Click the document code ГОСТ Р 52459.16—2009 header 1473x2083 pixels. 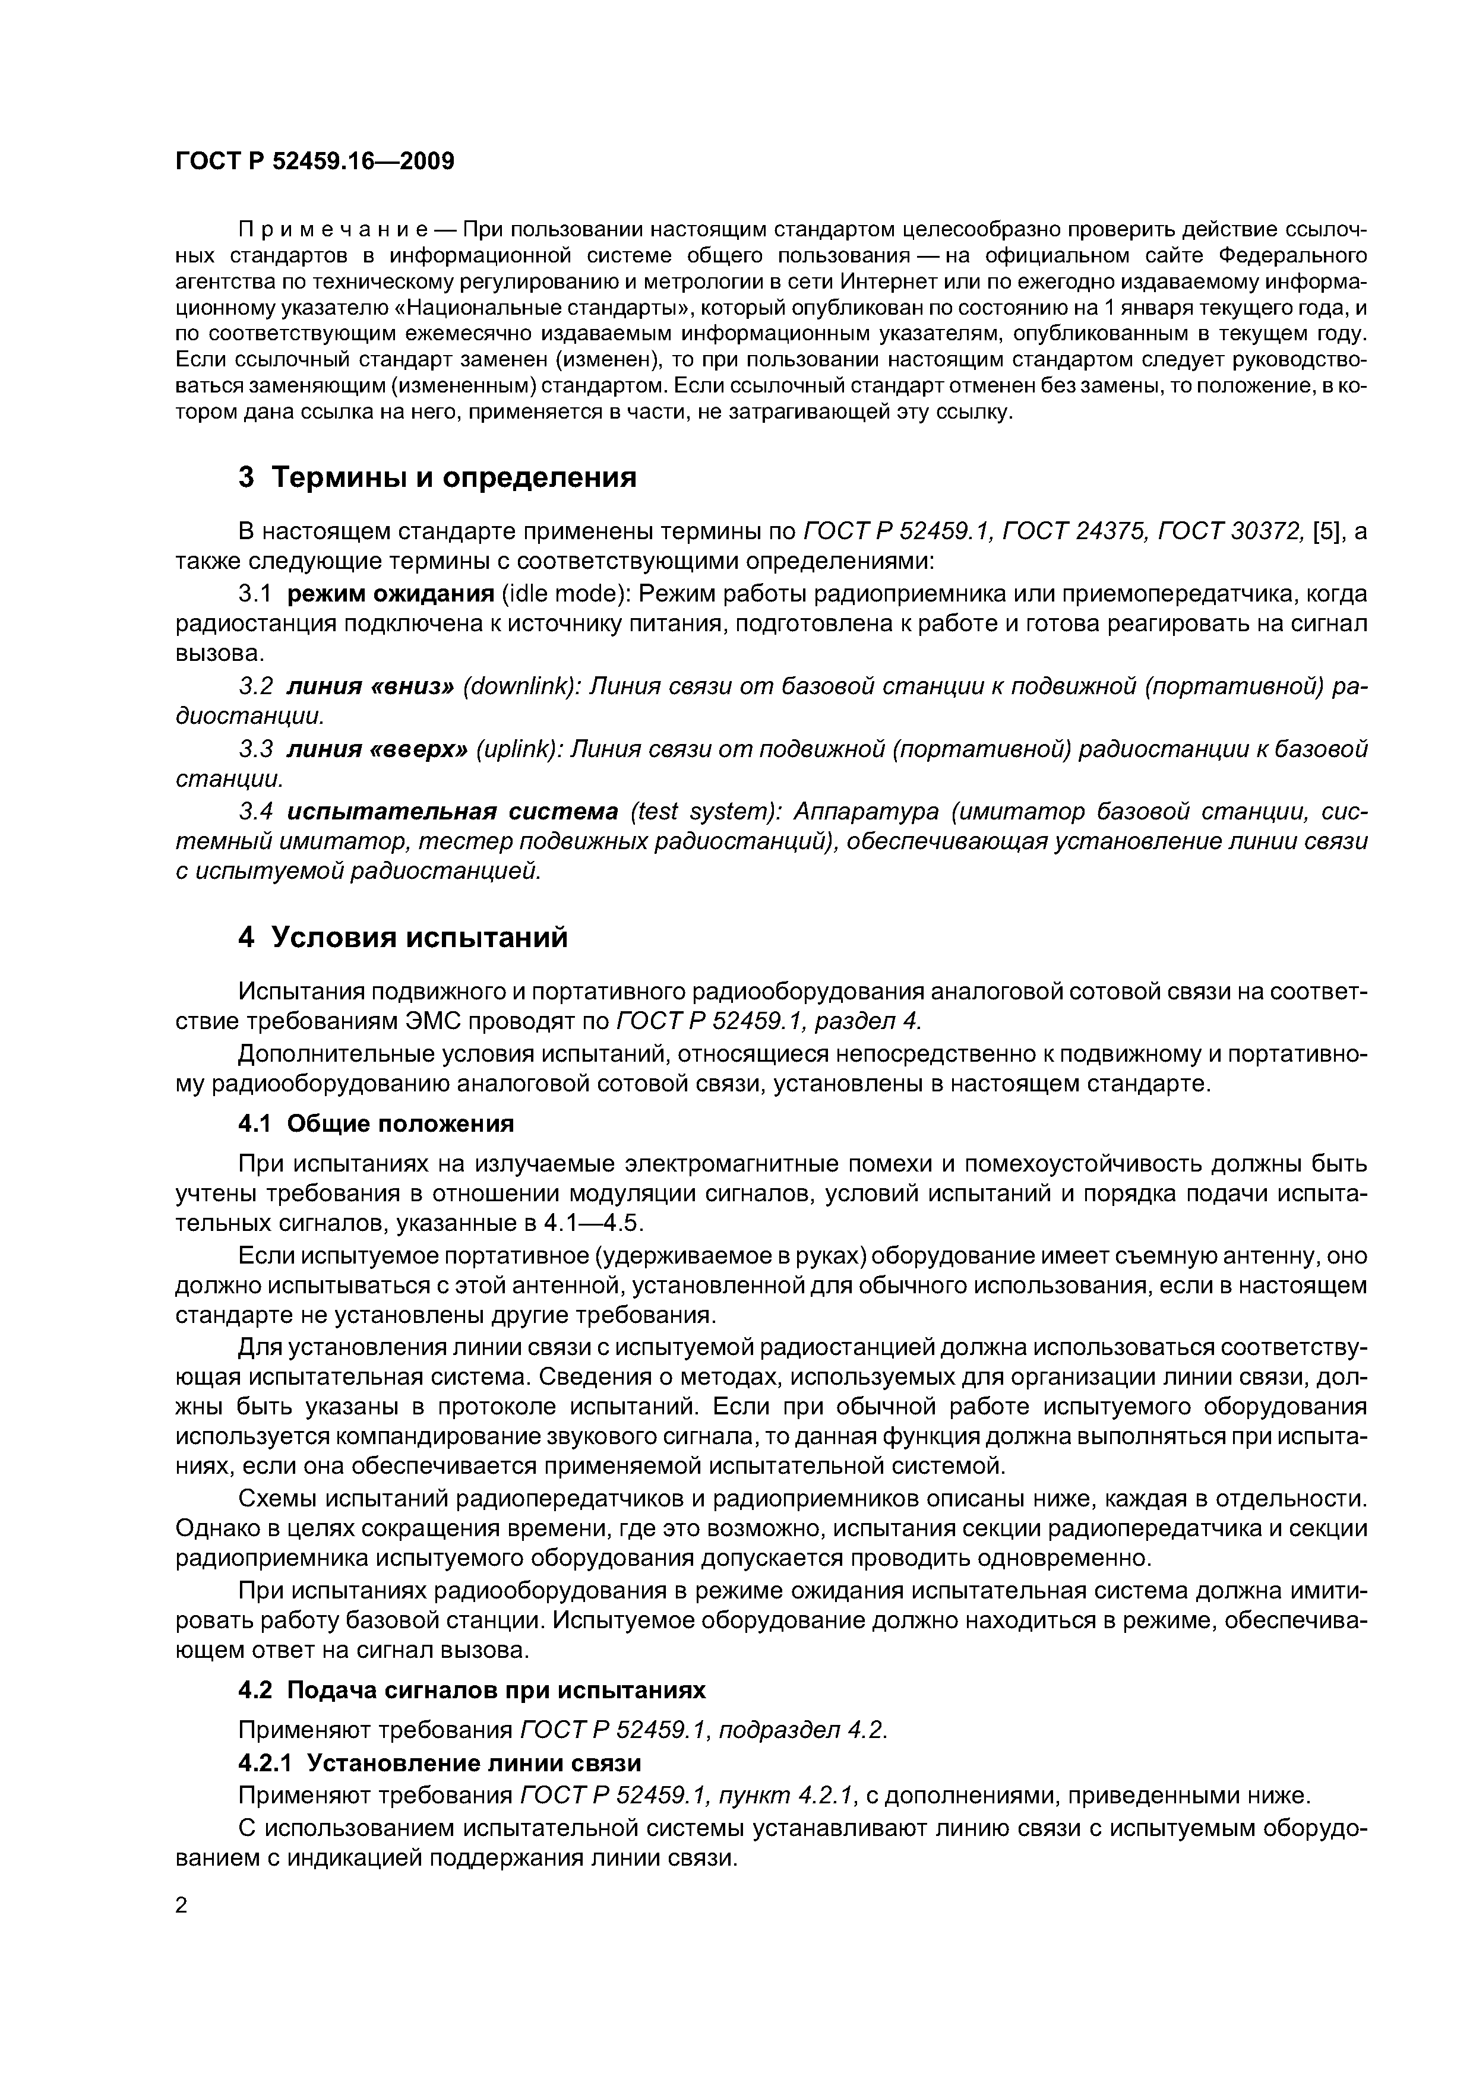tap(314, 162)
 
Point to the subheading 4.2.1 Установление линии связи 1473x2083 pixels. tap(440, 1763)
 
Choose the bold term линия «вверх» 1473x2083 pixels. tap(377, 749)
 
